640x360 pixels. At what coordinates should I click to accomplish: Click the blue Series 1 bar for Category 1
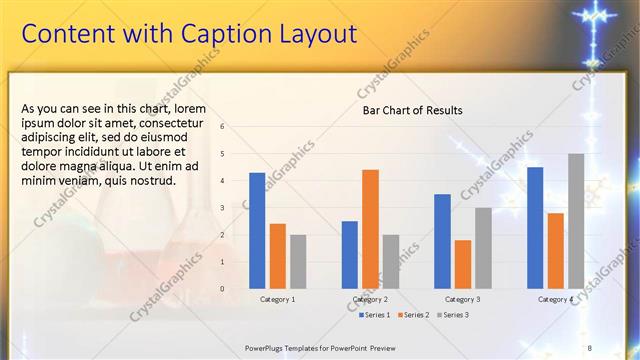pyautogui.click(x=257, y=230)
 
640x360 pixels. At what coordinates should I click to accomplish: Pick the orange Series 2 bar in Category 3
pyautogui.click(x=462, y=264)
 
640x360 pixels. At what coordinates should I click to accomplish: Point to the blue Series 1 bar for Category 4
pyautogui.click(x=535, y=227)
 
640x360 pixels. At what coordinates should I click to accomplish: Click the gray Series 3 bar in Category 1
pyautogui.click(x=298, y=261)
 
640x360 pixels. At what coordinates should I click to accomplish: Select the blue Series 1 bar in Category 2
pyautogui.click(x=350, y=254)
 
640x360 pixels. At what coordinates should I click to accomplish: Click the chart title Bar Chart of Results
pyautogui.click(x=412, y=110)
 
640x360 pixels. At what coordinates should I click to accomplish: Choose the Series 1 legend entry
pyautogui.click(x=376, y=315)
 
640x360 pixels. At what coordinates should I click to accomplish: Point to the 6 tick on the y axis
pyautogui.click(x=222, y=127)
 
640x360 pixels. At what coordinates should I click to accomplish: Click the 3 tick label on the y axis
pyautogui.click(x=222, y=208)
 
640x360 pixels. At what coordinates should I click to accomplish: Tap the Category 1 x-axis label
pyautogui.click(x=277, y=299)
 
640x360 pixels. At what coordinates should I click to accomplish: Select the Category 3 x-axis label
pyautogui.click(x=462, y=299)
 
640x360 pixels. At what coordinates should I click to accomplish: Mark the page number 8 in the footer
pyautogui.click(x=590, y=347)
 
